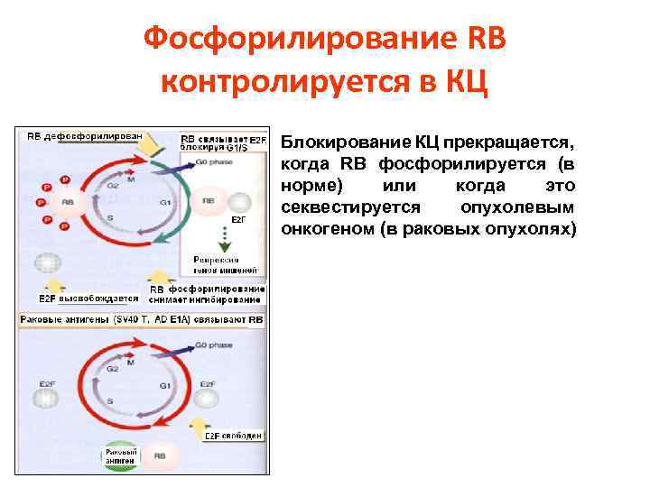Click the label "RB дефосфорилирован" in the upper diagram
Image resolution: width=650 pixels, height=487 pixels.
coord(84,135)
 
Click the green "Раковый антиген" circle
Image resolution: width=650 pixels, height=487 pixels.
coord(120,455)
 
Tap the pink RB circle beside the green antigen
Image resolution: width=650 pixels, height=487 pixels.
coord(159,456)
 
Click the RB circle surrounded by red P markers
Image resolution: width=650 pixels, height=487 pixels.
coord(68,203)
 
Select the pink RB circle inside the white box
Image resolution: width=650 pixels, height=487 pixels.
coord(209,200)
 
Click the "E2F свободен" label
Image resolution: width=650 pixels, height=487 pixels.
coord(233,436)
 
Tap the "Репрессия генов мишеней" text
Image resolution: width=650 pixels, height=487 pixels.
coord(226,263)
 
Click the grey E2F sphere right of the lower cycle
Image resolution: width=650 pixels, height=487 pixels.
coord(208,396)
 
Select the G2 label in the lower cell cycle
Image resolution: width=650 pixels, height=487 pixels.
coord(113,369)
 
